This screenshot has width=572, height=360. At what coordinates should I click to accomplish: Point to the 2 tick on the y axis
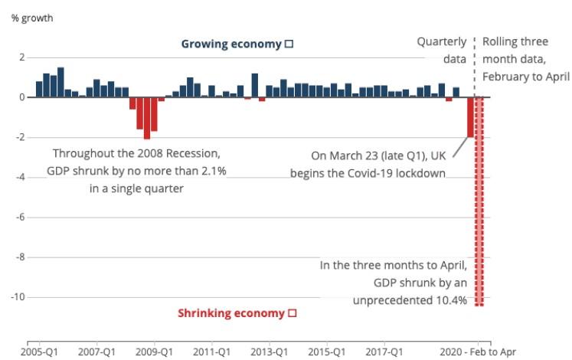(22, 57)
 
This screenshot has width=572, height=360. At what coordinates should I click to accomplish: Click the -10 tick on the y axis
(19, 296)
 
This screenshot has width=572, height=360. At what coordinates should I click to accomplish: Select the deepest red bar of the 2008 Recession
(146, 118)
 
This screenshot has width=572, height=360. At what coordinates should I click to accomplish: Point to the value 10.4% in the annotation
(450, 299)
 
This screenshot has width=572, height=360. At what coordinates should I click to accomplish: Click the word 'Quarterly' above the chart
(442, 41)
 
